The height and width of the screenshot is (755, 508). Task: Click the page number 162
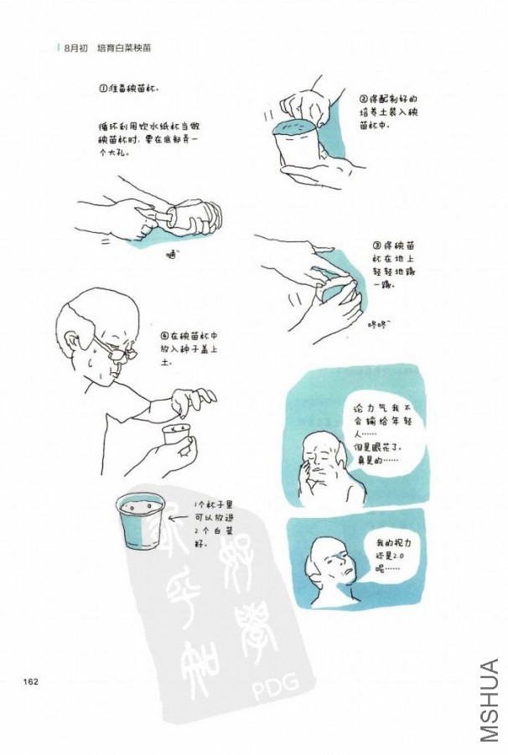click(32, 680)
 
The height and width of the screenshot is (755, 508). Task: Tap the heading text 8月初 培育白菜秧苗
click(106, 49)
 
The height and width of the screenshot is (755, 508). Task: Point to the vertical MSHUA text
click(490, 700)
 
